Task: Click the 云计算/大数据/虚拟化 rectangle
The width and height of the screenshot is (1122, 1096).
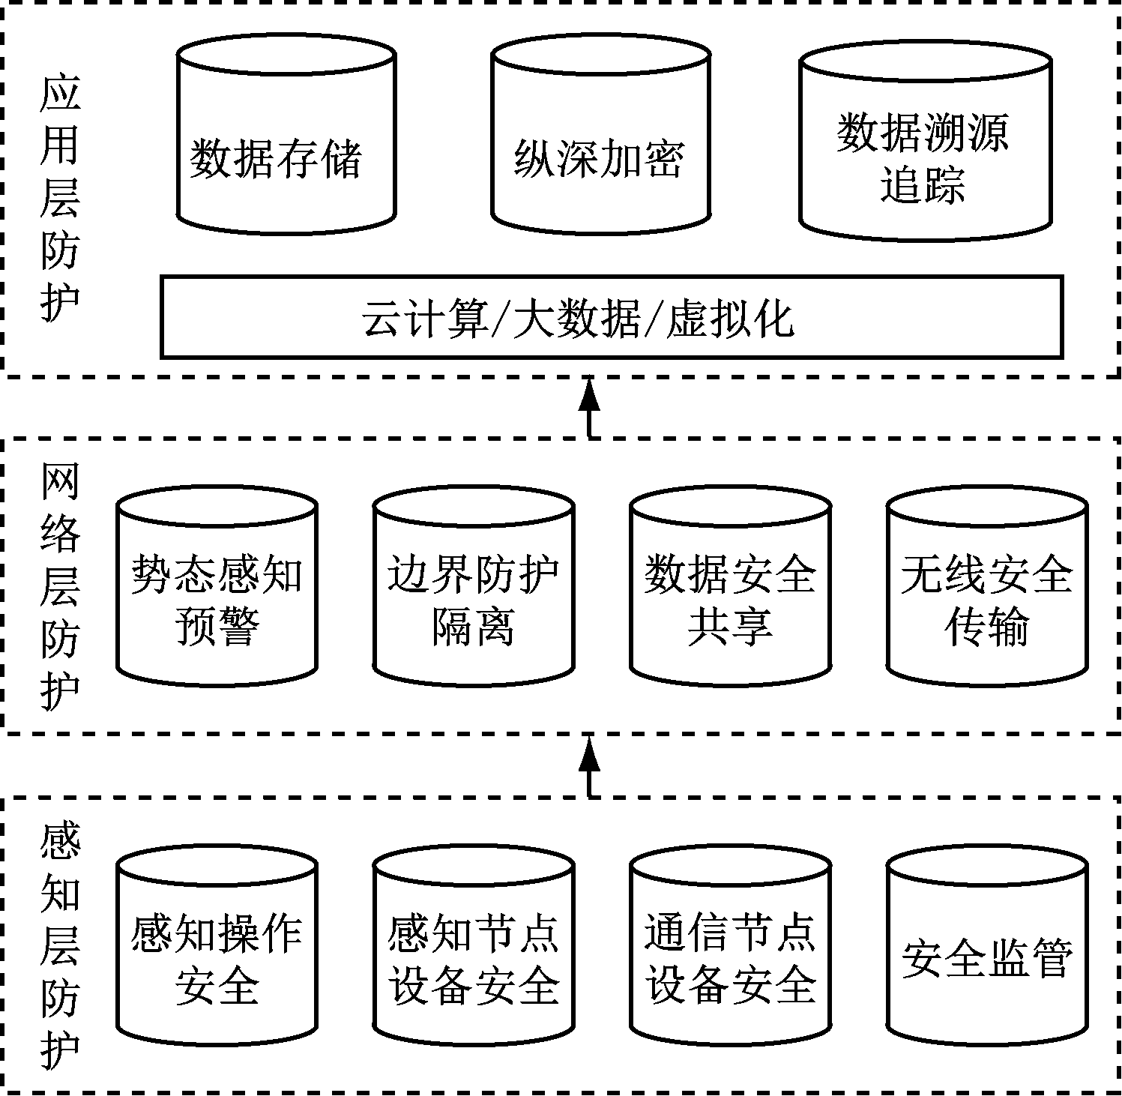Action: coord(612,317)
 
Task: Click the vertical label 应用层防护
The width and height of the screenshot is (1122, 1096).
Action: coord(60,199)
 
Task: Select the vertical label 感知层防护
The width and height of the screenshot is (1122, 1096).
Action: coord(60,948)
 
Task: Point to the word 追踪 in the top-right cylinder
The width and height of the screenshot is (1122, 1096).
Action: coord(923,184)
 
